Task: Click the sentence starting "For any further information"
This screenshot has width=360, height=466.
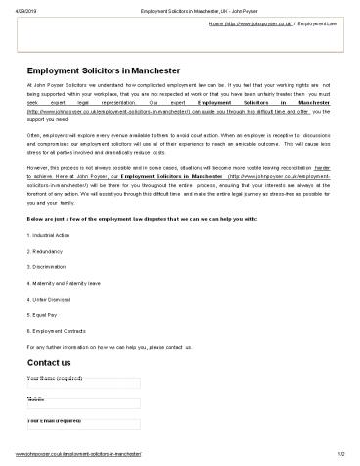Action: click(109, 344)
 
